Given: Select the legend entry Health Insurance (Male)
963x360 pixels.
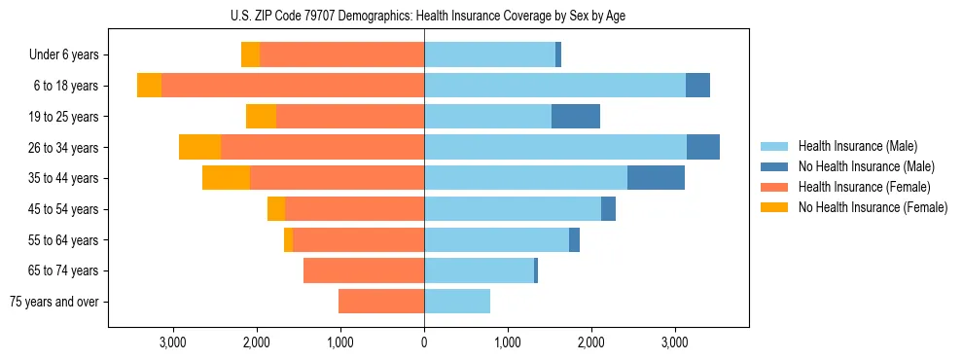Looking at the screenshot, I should [x=857, y=146].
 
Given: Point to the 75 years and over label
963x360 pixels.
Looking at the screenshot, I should [x=54, y=302].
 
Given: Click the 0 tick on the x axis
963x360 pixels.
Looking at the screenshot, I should [x=424, y=342].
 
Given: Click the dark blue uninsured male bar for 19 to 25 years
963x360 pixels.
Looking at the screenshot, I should [x=576, y=117].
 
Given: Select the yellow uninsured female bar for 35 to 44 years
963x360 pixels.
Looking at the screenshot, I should [x=226, y=178].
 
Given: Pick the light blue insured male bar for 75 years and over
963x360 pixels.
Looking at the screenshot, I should [x=457, y=302].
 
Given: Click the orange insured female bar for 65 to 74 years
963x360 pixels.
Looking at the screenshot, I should [x=364, y=270].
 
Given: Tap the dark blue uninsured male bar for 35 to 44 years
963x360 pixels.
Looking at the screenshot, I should [x=656, y=178].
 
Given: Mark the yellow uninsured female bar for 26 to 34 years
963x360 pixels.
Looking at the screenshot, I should [x=199, y=147].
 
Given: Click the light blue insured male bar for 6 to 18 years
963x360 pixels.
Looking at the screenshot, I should [x=554, y=86].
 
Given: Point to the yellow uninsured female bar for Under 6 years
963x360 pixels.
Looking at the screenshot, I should [x=250, y=55].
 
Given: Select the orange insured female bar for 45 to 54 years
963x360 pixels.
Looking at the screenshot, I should [x=354, y=209].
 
